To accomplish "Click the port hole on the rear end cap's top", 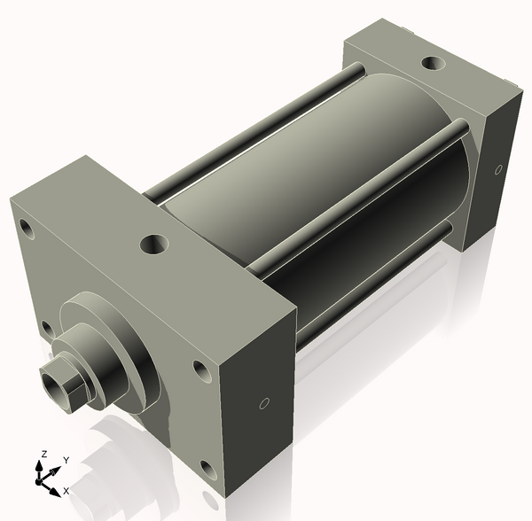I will click(432, 64).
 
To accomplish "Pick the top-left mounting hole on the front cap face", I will click(27, 229).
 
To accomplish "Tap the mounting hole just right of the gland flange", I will click(201, 372).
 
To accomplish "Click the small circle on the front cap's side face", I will click(263, 404).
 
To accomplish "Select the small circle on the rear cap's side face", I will click(497, 168).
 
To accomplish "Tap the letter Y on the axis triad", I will click(66, 461).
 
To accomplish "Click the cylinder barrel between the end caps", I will click(293, 177).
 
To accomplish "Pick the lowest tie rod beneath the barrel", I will click(372, 284).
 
